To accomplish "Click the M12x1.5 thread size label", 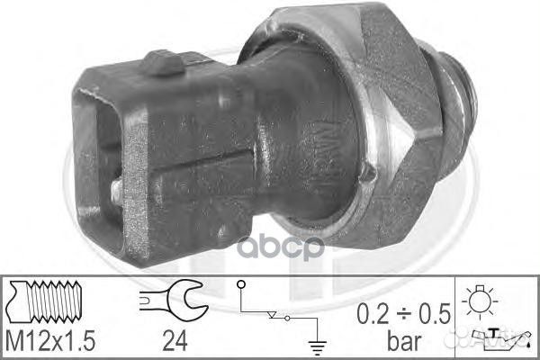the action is [50, 341].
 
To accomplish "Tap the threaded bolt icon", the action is [44, 301].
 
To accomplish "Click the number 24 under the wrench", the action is [175, 341].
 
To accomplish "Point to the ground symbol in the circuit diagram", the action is [317, 347].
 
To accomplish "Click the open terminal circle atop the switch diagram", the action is [241, 284].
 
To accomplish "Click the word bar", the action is [404, 340].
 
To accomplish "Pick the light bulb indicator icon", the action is [480, 301].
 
